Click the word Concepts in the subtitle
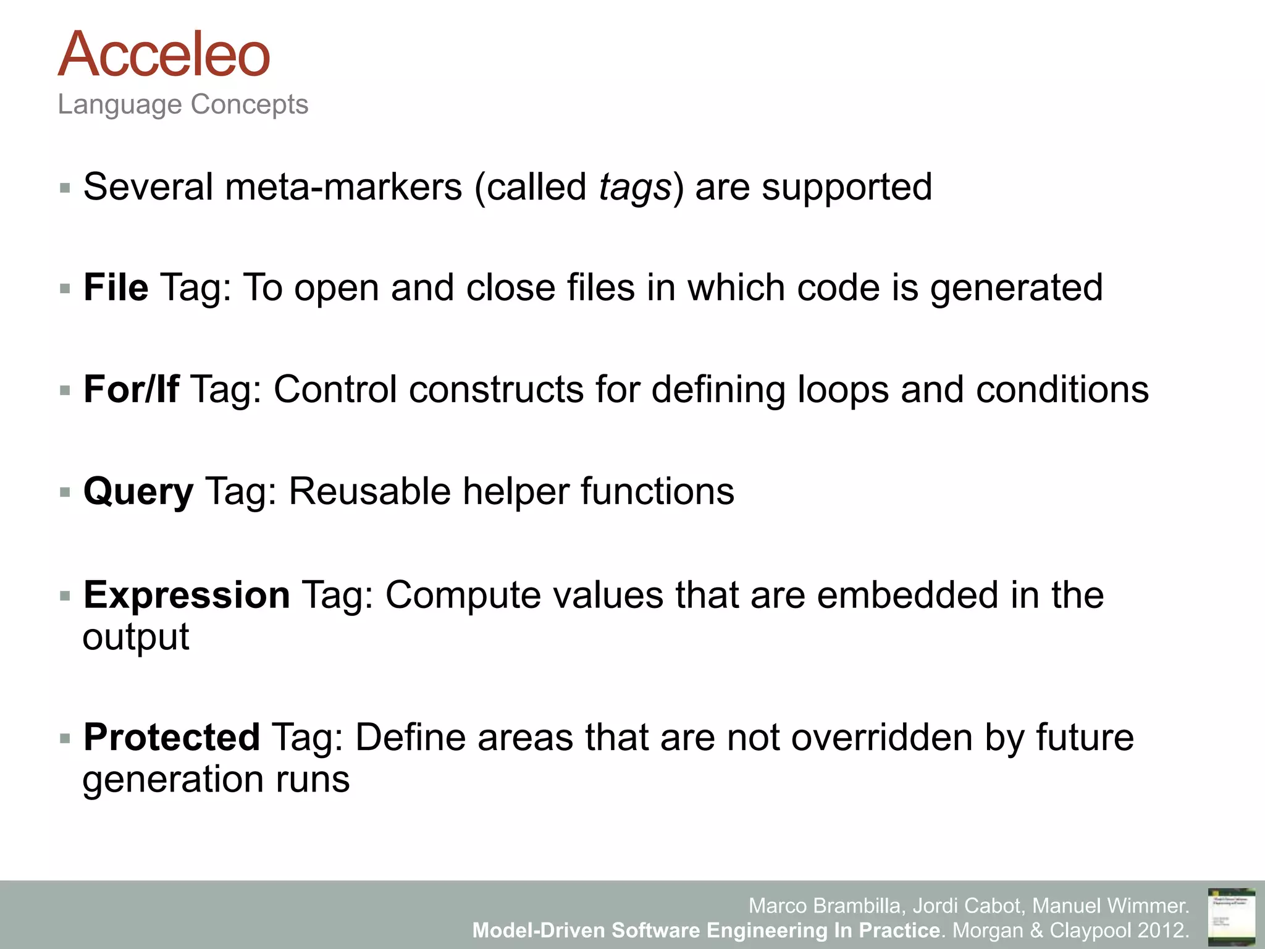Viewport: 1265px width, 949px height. [250, 104]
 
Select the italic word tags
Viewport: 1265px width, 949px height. [635, 187]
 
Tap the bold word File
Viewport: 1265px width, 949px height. [116, 288]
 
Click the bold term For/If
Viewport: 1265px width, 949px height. [131, 390]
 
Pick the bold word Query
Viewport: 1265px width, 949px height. [138, 492]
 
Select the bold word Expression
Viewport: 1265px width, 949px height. [187, 595]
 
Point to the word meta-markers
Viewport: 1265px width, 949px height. [343, 187]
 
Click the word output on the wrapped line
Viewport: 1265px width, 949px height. [136, 637]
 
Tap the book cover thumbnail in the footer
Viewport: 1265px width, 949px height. [1231, 916]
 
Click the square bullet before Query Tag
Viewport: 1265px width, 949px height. [65, 492]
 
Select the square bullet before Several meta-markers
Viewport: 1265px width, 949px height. [65, 188]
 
